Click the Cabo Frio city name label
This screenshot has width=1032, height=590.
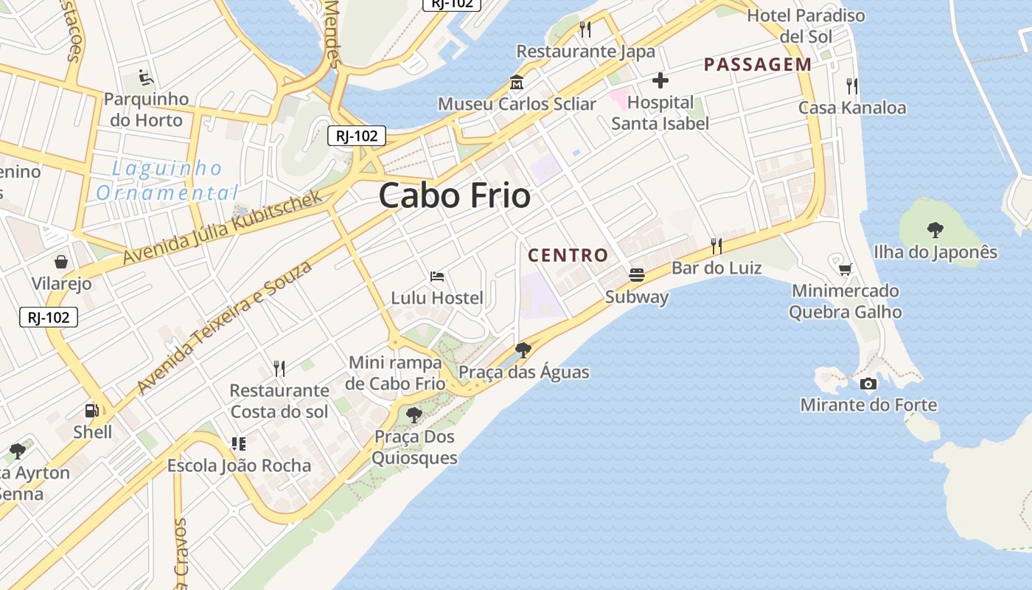(455, 196)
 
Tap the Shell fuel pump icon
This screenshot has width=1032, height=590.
(92, 411)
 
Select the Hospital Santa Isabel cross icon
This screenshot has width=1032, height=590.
(660, 80)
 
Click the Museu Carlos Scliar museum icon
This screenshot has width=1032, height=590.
(517, 83)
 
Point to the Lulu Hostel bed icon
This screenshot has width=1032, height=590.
(437, 277)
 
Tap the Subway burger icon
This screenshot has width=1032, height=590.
(637, 275)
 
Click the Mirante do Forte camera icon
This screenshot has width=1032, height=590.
(868, 383)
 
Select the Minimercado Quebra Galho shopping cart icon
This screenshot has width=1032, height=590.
(845, 269)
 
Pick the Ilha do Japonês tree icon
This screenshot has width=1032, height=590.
(935, 230)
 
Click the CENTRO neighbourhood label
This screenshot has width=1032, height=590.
(568, 256)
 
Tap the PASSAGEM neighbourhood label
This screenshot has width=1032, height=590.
(758, 65)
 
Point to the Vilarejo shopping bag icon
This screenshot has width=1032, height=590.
(61, 262)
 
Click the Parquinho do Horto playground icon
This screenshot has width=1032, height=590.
(145, 77)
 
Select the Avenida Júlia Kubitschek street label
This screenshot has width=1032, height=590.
(223, 227)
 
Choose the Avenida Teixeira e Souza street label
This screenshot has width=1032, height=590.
(225, 327)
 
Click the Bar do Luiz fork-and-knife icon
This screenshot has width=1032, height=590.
(716, 246)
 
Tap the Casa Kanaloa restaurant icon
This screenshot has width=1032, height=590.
(852, 86)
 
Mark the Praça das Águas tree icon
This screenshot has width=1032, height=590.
(523, 350)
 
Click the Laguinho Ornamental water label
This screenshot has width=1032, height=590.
(167, 181)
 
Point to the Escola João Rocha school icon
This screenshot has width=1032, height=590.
(239, 444)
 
